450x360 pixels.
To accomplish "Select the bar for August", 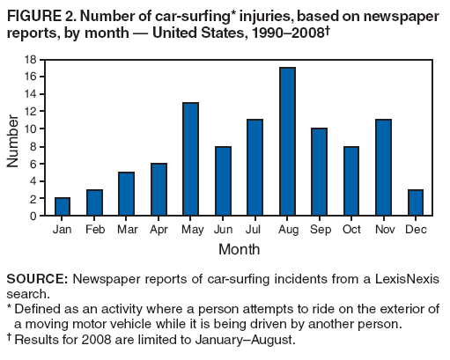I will point(286,142).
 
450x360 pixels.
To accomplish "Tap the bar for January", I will point(62,207).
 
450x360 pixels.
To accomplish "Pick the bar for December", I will point(415,202).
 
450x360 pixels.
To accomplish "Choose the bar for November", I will point(383,168).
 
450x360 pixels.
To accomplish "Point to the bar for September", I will point(319,173).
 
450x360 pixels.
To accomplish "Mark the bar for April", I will point(159,189).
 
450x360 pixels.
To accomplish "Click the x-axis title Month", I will point(239,249).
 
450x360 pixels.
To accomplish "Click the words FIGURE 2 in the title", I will point(38,12).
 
